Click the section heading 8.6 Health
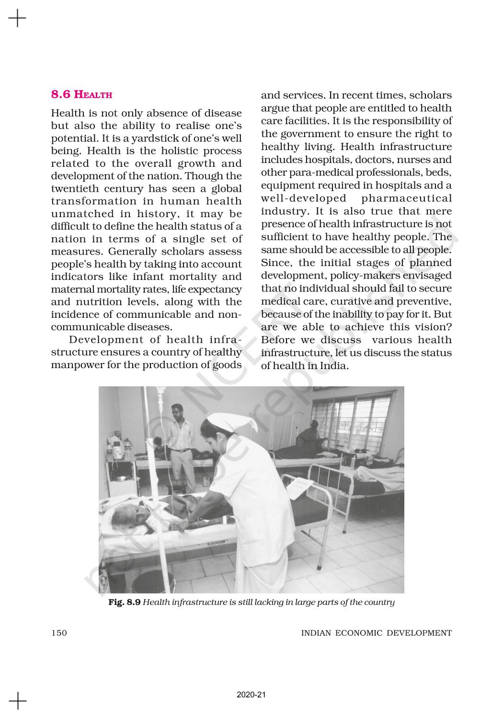pyautogui.click(x=82, y=94)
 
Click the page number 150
pyautogui.click(x=59, y=633)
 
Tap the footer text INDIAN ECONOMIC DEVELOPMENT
pyautogui.click(x=376, y=633)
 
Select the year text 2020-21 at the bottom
pyautogui.click(x=251, y=695)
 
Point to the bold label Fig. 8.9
pyautogui.click(x=124, y=602)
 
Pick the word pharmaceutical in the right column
pyautogui.click(x=407, y=198)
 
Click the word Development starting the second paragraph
pyautogui.click(x=106, y=340)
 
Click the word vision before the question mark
pyautogui.click(x=427, y=327)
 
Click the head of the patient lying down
pyautogui.click(x=126, y=515)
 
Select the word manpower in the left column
pyautogui.click(x=80, y=365)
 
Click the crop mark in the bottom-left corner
pyautogui.click(x=17, y=700)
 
